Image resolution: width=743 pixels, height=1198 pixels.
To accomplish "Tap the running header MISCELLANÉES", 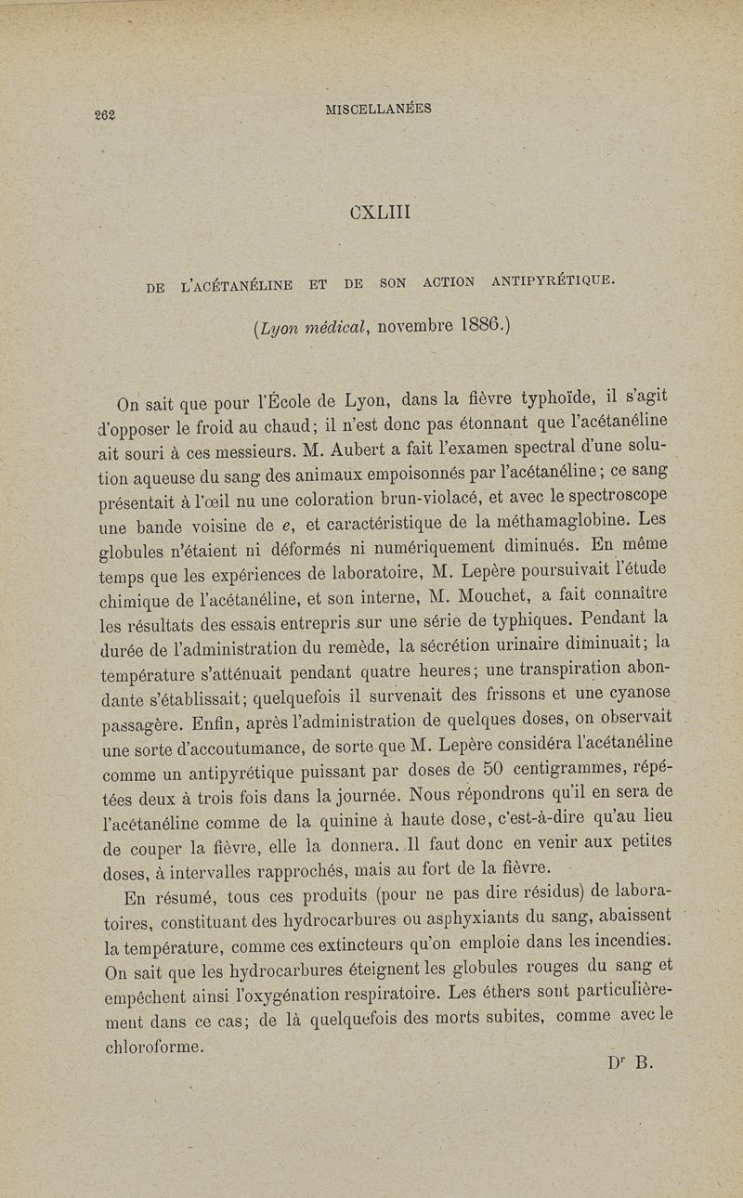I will [378, 109].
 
